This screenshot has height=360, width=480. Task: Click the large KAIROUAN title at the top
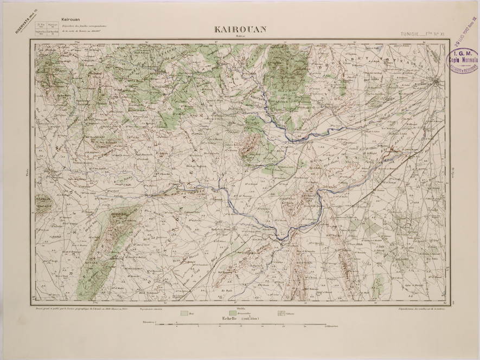tap(240, 29)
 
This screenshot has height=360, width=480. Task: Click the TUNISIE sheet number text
tap(421, 34)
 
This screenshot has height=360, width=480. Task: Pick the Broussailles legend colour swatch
tap(233, 313)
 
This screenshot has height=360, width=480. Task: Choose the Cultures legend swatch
tap(281, 313)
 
